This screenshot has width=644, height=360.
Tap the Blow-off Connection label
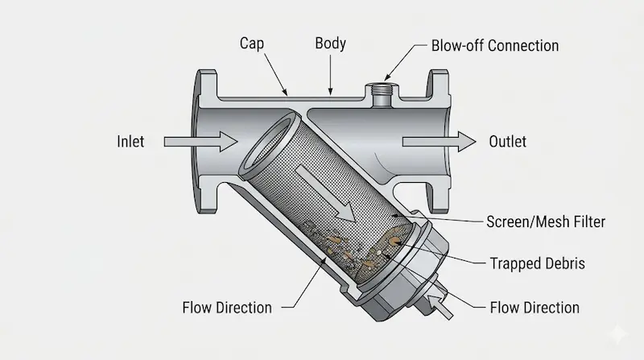pyautogui.click(x=494, y=44)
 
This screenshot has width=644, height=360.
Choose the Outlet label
pyautogui.click(x=507, y=142)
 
